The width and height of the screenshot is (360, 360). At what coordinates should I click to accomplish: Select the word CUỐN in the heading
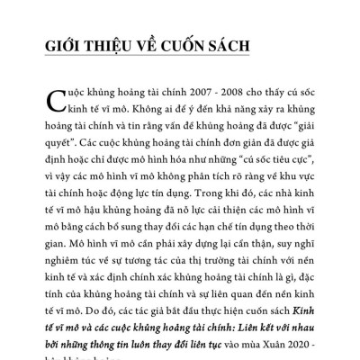pos(175,46)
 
